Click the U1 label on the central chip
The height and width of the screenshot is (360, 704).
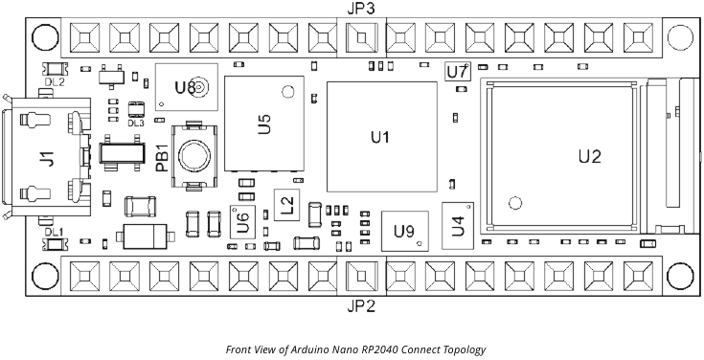coord(380,138)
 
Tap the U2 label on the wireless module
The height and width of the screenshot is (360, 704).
coord(590,156)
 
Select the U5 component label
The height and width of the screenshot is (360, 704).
coord(264,124)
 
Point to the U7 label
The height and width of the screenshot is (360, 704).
coord(458,72)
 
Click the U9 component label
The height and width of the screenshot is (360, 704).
coord(404,231)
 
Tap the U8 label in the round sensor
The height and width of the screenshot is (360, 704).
coord(186,87)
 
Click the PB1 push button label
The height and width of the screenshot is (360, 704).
coord(162,157)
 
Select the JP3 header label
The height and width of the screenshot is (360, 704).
coord(360,9)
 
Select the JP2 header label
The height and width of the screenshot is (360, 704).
coord(360,306)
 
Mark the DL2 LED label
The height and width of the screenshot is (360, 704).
coord(55,82)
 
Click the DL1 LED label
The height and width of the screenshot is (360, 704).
coord(54,233)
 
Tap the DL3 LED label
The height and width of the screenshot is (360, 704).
coord(135,123)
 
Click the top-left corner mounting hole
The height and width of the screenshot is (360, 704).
coord(44,38)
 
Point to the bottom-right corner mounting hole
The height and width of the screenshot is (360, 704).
coord(678,276)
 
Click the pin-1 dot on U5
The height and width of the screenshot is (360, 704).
coord(284,91)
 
